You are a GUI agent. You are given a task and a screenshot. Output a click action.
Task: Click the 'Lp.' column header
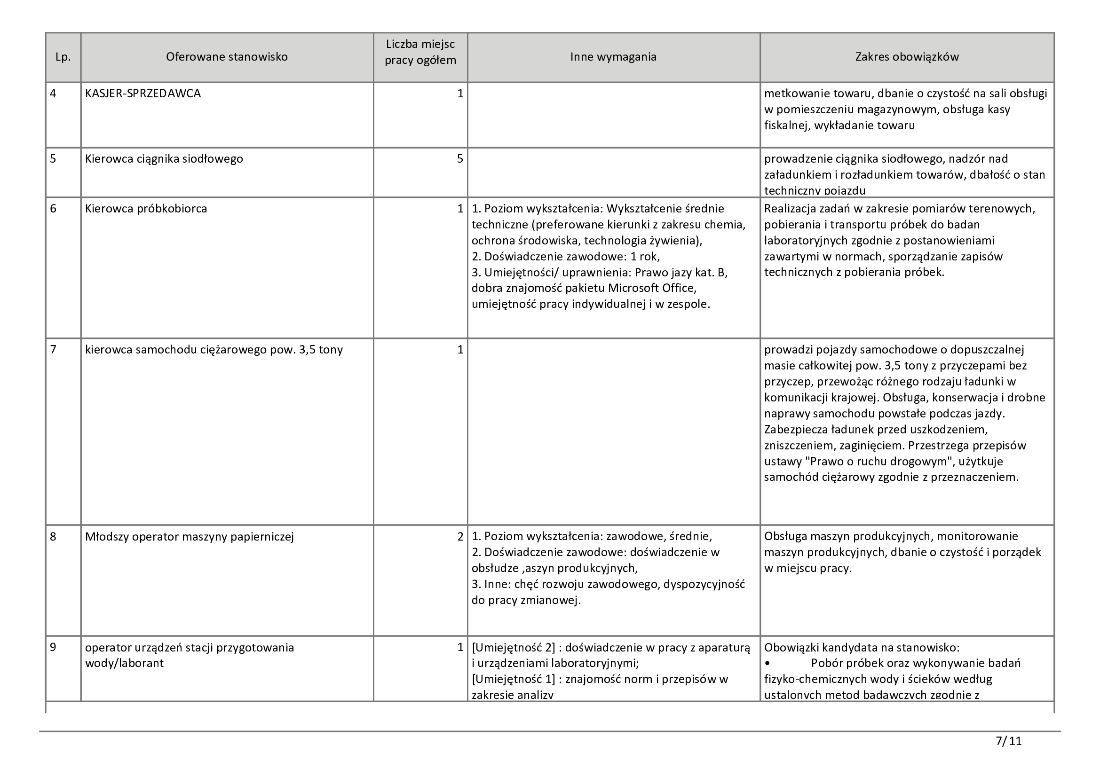click(63, 57)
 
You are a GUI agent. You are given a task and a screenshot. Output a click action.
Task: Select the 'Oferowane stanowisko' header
click(227, 57)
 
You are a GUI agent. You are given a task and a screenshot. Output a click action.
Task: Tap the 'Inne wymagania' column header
click(613, 57)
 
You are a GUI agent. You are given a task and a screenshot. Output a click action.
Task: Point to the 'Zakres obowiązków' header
click(907, 57)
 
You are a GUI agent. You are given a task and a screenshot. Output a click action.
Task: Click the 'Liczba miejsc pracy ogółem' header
click(420, 53)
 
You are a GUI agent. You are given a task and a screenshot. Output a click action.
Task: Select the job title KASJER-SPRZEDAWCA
click(143, 94)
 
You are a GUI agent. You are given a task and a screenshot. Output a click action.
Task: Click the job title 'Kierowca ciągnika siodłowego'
click(164, 159)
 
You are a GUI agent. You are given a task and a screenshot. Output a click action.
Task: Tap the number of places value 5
click(460, 159)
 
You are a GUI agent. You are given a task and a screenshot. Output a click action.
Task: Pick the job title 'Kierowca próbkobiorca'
click(146, 209)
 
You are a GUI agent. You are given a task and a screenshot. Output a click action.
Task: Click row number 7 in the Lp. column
click(53, 349)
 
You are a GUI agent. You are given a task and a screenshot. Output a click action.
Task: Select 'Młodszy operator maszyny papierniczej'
click(189, 537)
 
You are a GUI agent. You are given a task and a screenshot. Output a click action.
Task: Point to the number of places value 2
click(460, 537)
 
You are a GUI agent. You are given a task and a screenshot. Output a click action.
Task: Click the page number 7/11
click(1008, 741)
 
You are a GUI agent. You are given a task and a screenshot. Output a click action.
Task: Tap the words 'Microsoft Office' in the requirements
click(651, 288)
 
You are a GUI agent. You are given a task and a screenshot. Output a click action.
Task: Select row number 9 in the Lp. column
click(53, 647)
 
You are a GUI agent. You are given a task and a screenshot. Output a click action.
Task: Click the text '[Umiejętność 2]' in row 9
click(515, 648)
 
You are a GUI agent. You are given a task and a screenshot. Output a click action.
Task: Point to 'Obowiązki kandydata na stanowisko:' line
click(862, 648)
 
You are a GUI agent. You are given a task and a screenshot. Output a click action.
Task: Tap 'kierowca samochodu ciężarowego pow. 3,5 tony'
click(214, 349)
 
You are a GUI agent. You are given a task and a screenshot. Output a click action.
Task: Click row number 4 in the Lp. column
click(53, 94)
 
